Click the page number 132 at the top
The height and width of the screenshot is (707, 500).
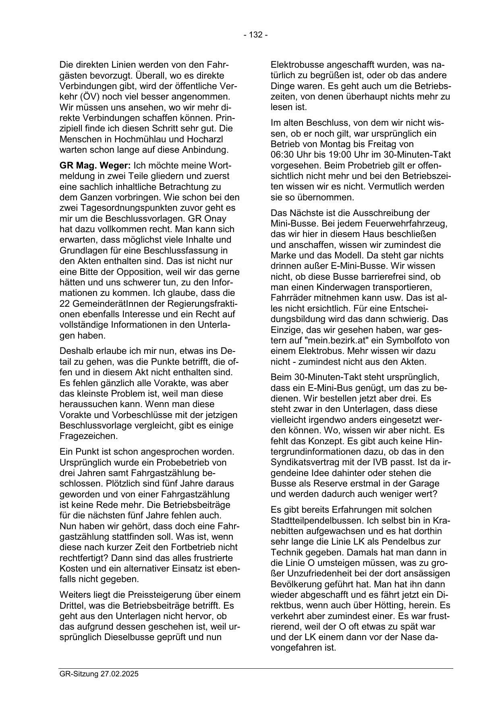click(x=255, y=35)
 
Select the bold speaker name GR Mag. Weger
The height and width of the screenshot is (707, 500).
click(x=95, y=166)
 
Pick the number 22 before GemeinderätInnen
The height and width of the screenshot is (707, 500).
click(x=64, y=304)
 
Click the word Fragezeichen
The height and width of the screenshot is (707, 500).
click(x=89, y=436)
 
